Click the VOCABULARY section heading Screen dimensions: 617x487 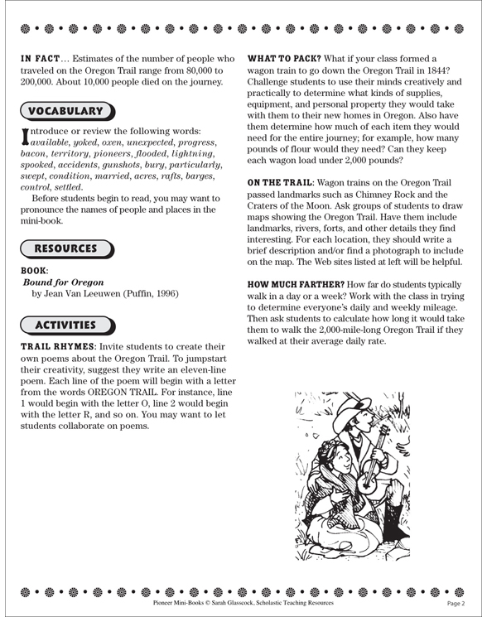66,110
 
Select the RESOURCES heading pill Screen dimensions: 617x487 66,248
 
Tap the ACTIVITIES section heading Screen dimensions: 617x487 66,325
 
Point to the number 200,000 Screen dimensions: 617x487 40,85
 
